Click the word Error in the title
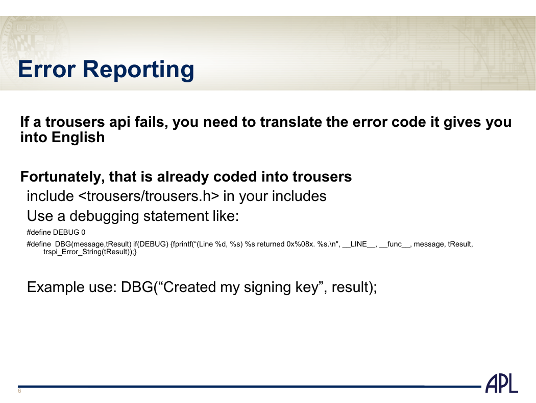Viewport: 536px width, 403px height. (46, 70)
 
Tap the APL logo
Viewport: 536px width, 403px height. (502, 384)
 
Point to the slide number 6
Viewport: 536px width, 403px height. (19, 391)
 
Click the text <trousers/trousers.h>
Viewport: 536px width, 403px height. (149, 196)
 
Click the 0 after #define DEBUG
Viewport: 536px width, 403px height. (83, 233)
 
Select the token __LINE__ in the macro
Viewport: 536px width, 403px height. (358, 244)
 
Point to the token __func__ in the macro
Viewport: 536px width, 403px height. (394, 244)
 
